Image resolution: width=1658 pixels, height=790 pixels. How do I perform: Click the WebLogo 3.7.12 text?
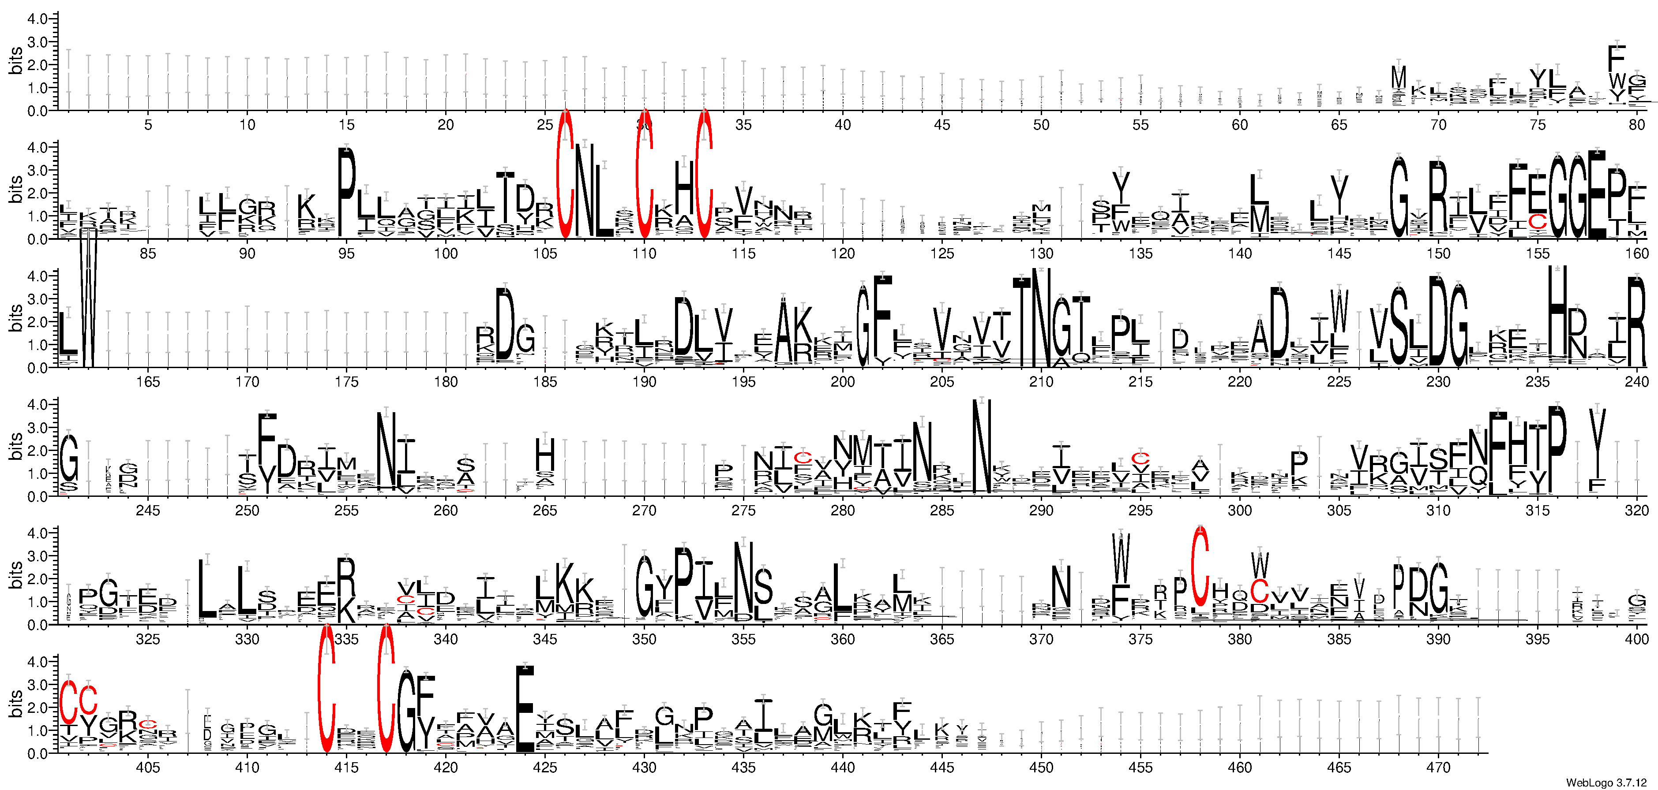point(1605,782)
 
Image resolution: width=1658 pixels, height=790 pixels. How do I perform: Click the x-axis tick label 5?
point(148,125)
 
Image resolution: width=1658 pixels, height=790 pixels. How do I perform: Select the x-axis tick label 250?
point(247,511)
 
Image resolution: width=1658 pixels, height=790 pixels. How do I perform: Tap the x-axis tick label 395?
point(1537,640)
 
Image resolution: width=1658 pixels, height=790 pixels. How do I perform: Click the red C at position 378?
point(1199,563)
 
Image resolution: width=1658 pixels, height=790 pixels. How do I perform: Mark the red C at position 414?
point(327,688)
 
